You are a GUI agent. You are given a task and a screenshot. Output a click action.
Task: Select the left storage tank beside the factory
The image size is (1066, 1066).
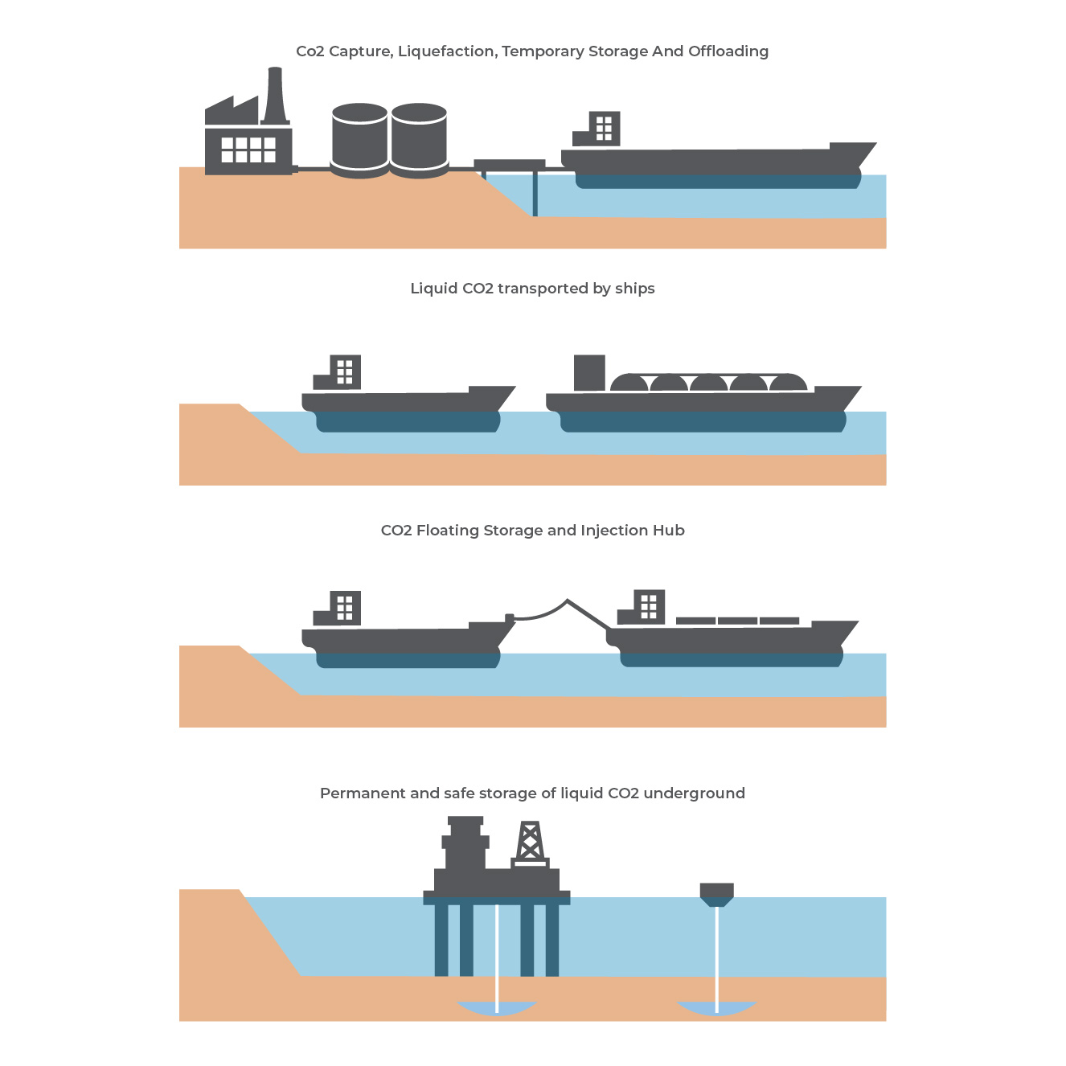(x=359, y=141)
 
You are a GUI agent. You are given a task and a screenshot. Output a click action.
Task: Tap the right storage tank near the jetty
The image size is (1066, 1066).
(x=419, y=141)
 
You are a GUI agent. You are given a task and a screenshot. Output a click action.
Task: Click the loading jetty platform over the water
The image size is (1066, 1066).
(x=510, y=166)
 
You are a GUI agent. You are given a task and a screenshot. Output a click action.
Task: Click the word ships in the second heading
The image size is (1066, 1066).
(x=634, y=289)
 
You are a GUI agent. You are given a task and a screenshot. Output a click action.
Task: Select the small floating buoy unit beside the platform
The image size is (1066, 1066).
(x=716, y=893)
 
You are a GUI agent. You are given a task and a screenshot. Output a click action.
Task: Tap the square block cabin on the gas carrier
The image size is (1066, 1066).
(x=589, y=373)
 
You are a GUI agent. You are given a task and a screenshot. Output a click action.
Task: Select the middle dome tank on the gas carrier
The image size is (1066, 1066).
(x=708, y=383)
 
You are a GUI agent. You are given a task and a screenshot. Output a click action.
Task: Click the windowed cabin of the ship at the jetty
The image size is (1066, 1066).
(x=604, y=129)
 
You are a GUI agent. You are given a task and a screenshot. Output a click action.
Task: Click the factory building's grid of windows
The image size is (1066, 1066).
(x=248, y=150)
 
